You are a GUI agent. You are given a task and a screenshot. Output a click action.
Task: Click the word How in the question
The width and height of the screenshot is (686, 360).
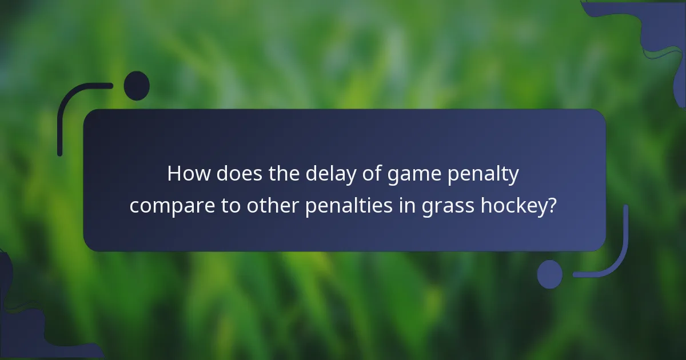click(184, 174)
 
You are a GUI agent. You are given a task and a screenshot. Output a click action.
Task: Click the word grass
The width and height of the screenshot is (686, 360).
click(434, 206)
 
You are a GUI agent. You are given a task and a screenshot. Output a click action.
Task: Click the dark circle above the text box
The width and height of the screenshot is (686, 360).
click(137, 86)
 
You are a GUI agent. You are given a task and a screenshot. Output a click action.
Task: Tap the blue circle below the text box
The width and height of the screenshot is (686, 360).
click(550, 274)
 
